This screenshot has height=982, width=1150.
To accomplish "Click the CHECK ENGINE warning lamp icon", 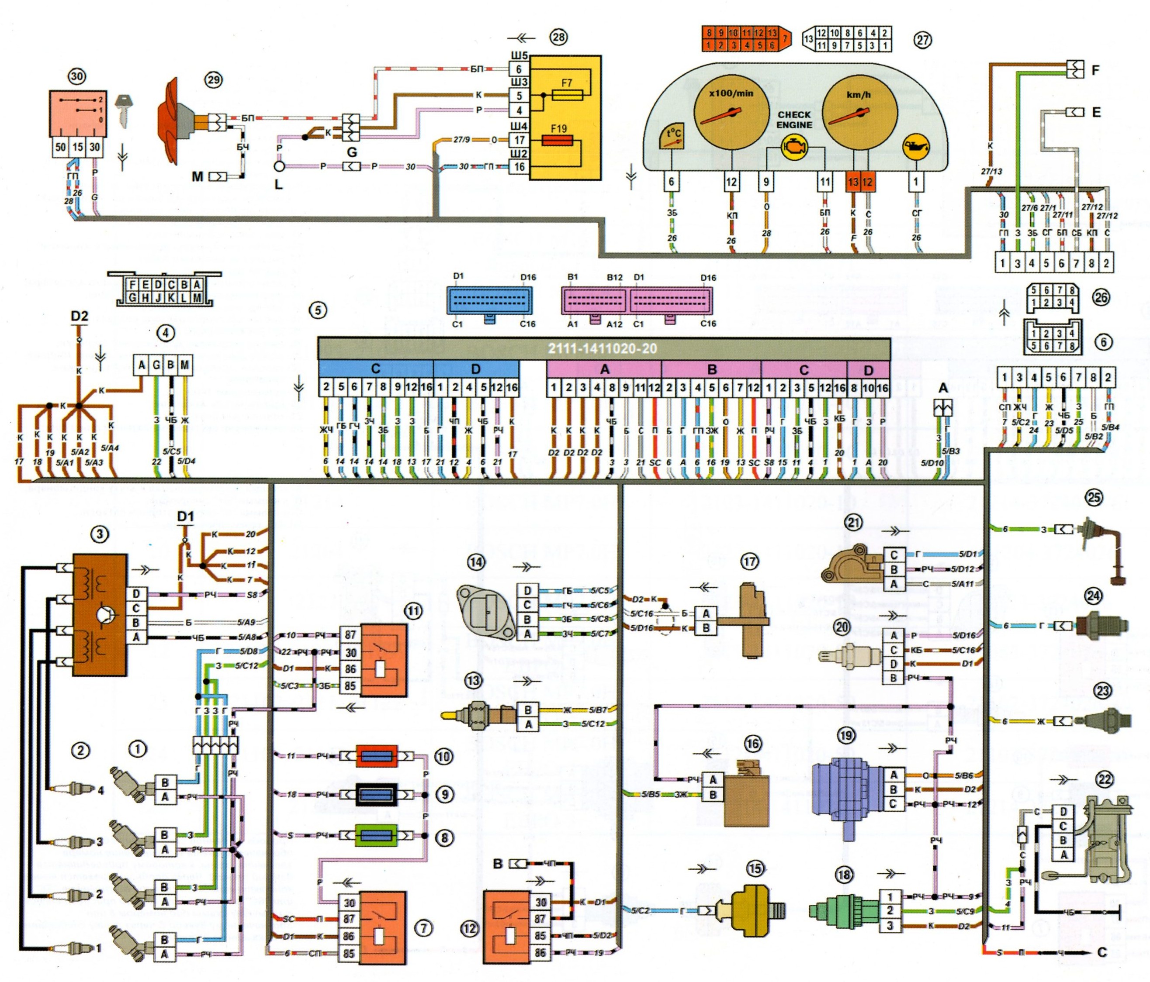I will click(x=794, y=148).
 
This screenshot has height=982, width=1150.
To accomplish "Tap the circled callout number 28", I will click(x=558, y=37).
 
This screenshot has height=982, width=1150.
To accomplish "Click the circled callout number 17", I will click(x=749, y=562).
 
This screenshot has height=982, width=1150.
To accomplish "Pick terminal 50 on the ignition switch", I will click(x=60, y=147).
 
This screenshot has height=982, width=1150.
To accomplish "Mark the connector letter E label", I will click(x=1096, y=112).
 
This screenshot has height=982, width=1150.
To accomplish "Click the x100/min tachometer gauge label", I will click(x=731, y=93).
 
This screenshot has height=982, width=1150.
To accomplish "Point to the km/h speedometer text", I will click(x=858, y=95).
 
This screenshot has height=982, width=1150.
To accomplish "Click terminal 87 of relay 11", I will click(x=350, y=635).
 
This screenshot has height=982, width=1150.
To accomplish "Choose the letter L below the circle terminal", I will click(x=279, y=184).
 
